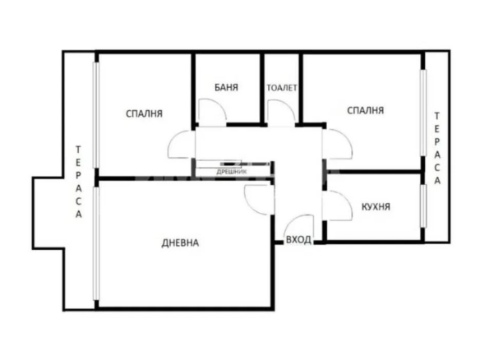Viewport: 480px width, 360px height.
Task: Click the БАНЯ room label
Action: (x=226, y=88)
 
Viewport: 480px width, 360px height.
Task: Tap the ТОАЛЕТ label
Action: (x=282, y=88)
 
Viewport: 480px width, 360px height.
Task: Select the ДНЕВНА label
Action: (x=180, y=243)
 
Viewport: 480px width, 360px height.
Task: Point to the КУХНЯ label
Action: (x=376, y=206)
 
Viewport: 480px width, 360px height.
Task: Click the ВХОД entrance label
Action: (x=298, y=240)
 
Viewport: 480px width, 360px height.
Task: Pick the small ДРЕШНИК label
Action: (x=232, y=172)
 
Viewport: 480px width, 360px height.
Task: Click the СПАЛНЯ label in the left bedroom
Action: (x=144, y=113)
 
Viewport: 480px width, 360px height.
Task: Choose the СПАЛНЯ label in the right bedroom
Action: (x=366, y=110)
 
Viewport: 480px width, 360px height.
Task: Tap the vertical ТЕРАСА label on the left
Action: (x=79, y=182)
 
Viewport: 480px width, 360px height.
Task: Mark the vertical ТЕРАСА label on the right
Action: (x=437, y=149)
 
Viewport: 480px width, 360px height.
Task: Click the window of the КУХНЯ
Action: (x=423, y=206)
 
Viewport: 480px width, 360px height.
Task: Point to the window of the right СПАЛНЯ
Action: (x=423, y=113)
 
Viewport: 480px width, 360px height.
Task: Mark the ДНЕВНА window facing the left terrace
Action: (x=96, y=243)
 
